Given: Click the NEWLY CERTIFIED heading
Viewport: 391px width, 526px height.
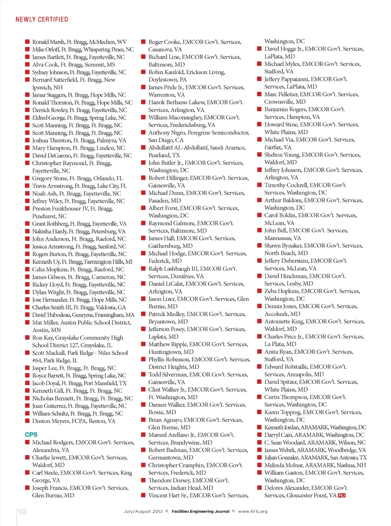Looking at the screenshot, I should [42, 19].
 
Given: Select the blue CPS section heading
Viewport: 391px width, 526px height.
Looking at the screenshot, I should [31, 435].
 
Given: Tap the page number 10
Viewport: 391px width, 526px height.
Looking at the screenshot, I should [23, 511].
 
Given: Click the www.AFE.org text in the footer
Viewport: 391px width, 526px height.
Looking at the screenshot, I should [252, 511].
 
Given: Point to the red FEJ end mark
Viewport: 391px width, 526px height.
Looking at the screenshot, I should [342, 495].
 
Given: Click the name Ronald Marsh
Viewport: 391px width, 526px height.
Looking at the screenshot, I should [48, 42].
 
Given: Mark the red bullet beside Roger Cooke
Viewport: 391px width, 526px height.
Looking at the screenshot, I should [143, 42].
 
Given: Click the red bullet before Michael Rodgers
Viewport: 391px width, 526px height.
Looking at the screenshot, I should [27, 442].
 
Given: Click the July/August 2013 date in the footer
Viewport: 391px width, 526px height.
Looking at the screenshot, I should [143, 511].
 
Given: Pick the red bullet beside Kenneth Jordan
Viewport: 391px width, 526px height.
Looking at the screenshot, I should [259, 427].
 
